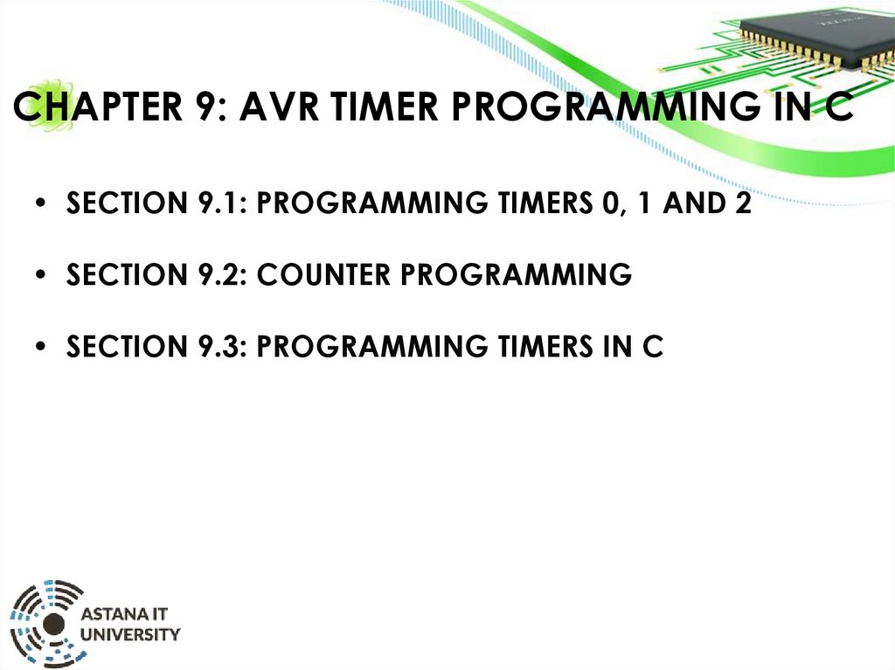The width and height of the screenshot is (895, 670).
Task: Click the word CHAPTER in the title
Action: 98,107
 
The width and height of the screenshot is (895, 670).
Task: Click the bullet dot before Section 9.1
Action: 40,204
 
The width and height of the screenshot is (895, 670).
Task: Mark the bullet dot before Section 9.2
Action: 40,275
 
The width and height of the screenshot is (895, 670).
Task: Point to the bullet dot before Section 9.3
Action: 40,347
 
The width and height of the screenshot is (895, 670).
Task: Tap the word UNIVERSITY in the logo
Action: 130,634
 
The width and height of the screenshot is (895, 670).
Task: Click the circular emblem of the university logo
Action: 47,623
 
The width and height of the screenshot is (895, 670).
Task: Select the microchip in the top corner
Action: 817,34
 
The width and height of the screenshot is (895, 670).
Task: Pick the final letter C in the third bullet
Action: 652,347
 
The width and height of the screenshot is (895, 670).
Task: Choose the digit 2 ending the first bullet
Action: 743,203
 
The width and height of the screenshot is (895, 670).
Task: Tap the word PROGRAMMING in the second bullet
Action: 516,274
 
